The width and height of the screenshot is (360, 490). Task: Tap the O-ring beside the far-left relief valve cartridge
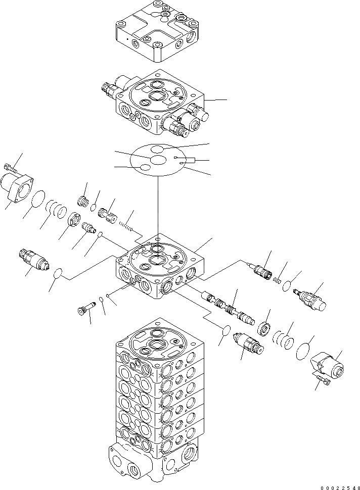[59, 274]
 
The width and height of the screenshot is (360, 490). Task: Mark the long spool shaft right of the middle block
[226, 306]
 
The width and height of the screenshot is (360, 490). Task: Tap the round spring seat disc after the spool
[263, 328]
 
